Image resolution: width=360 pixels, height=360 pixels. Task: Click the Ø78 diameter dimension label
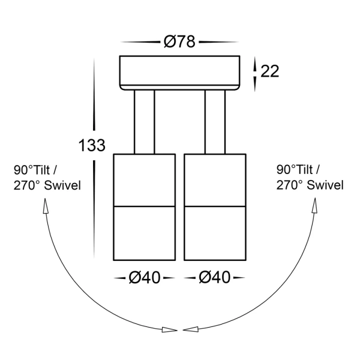pos(179,42)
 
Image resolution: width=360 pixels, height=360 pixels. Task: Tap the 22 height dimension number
pos(269,71)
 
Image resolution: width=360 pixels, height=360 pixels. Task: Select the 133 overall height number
pos(92,145)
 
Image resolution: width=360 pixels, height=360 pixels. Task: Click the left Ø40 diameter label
pos(144,278)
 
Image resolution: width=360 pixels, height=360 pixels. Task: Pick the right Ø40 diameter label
pos(214,278)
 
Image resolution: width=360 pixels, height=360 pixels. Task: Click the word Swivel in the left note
pos(62,185)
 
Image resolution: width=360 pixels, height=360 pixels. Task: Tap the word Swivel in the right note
pos(325,185)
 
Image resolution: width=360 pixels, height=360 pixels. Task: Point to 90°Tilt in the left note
pos(32,170)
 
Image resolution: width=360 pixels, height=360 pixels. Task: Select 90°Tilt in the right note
pos(295,170)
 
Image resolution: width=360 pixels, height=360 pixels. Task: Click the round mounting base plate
pos(179,73)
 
